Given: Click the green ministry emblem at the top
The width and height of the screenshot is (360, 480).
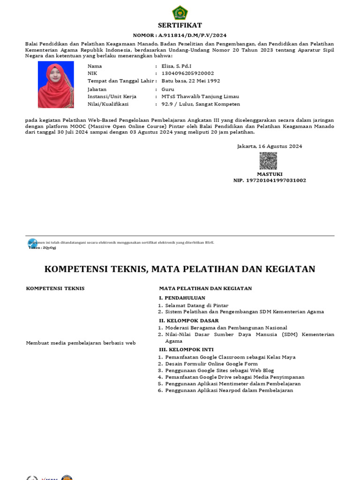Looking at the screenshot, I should pyautogui.click(x=180, y=13).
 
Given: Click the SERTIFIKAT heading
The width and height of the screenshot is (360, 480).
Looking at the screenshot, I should pyautogui.click(x=180, y=25).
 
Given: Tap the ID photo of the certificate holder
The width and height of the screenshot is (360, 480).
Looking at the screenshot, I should pyautogui.click(x=56, y=85).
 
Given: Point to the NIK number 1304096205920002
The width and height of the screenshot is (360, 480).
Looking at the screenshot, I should pyautogui.click(x=187, y=73).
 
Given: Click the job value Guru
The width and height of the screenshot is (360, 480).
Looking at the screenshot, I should pyautogui.click(x=168, y=89).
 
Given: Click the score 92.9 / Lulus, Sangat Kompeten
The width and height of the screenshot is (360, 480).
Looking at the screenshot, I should pyautogui.click(x=201, y=104).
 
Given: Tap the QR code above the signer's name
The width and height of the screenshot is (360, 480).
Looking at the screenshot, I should pyautogui.click(x=268, y=161).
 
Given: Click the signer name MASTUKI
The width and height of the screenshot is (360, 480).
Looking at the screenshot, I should pyautogui.click(x=269, y=174).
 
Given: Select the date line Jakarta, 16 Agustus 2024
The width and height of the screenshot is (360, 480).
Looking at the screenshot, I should pyautogui.click(x=270, y=146).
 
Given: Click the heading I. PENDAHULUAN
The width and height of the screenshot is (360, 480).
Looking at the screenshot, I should pyautogui.click(x=182, y=298).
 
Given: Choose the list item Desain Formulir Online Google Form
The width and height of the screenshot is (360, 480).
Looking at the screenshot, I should pyautogui.click(x=211, y=364).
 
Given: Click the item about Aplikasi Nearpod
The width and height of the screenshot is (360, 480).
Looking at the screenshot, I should pyautogui.click(x=229, y=390).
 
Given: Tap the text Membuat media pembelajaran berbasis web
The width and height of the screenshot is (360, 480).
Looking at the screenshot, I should pyautogui.click(x=81, y=343).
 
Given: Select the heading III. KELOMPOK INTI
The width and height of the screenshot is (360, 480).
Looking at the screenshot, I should pyautogui.click(x=186, y=349).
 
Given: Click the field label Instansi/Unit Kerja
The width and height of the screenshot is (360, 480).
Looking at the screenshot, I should pyautogui.click(x=112, y=97).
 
